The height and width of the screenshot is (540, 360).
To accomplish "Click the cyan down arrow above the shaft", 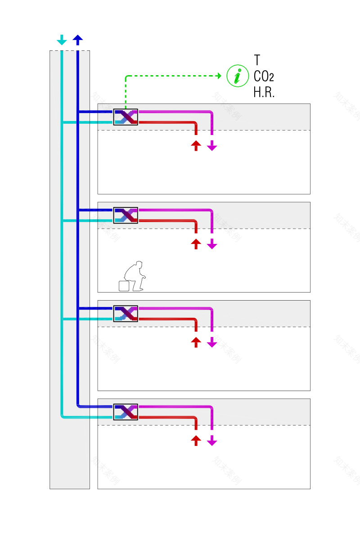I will coord(62,40).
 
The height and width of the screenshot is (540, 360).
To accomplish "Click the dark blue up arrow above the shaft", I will coord(78,40).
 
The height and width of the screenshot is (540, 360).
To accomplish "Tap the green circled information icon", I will coord(237,76).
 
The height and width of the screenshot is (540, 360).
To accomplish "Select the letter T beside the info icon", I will coord(257,60).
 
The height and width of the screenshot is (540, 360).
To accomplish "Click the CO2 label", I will coord(264,76).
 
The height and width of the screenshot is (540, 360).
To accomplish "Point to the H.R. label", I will coord(264,92).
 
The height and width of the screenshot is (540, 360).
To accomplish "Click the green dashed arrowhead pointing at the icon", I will coord(219,76).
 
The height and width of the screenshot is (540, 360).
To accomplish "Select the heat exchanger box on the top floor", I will coord(126,117).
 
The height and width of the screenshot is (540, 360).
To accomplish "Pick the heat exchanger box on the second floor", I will coord(126,215).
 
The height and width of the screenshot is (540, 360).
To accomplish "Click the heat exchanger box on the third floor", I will coord(126,314).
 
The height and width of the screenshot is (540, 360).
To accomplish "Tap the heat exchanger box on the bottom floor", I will coord(126,412).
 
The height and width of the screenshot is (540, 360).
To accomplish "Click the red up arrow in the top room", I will coord(196,145).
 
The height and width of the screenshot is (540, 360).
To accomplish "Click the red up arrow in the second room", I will coord(196,244).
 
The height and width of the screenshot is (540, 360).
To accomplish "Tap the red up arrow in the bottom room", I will coord(196,441).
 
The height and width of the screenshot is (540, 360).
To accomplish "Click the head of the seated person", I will coord(139,264).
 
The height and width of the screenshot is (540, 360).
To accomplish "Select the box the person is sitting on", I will coord(124,286).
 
